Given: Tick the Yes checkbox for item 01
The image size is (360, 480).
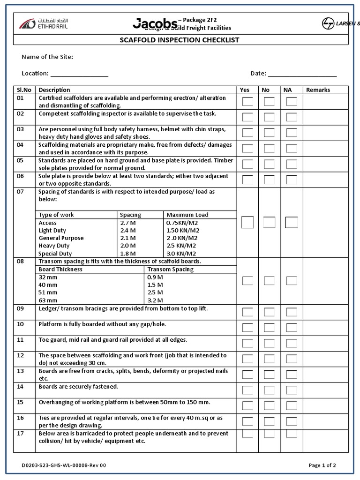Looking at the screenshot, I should click(x=247, y=102).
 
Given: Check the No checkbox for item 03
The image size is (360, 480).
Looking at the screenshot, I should click(x=269, y=133).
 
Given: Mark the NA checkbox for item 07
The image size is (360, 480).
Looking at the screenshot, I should click(x=292, y=223).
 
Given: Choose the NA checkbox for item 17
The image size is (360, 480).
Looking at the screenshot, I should click(x=292, y=434).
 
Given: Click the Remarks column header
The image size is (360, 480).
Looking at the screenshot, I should click(x=318, y=90).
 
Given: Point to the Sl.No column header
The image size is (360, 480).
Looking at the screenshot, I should click(x=24, y=90).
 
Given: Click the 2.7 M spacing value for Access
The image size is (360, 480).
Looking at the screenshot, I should click(x=127, y=223).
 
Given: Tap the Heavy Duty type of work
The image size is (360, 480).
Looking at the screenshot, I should click(x=54, y=246).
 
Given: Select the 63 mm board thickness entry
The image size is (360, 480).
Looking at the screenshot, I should click(x=48, y=300).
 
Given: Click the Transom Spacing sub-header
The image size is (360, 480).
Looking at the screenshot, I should click(x=170, y=270).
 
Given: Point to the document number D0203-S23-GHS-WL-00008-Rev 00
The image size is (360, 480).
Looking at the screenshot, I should click(x=64, y=465).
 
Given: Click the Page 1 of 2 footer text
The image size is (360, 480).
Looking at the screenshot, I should click(x=322, y=465).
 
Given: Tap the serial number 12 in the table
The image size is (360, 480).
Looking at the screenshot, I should click(x=20, y=355).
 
